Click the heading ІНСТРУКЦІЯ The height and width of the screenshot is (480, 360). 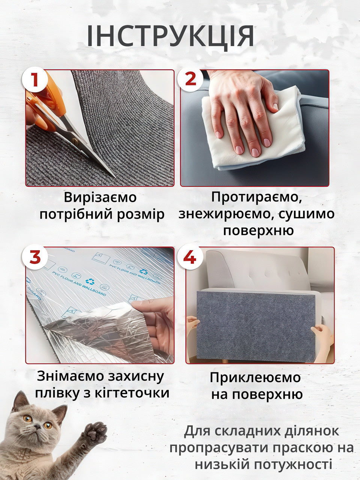pos(170,36)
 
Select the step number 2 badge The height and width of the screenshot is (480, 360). pos(190,79)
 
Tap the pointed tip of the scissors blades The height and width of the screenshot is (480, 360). pos(115,177)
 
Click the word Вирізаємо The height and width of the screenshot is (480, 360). pos(100,197)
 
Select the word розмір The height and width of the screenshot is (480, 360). pos(140,214)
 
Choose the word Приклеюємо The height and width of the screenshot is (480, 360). pos(255,378)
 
